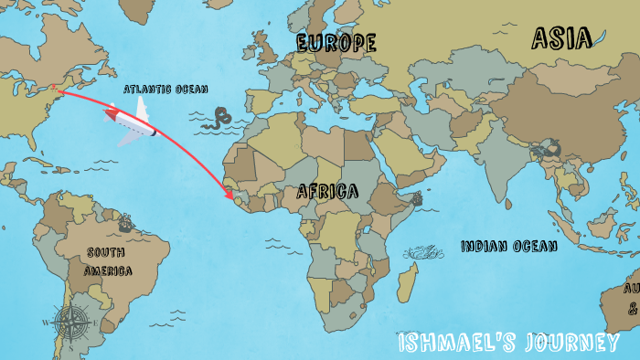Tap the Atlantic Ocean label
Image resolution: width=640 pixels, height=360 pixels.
[165, 89]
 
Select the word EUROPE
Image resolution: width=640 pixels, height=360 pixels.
[336, 42]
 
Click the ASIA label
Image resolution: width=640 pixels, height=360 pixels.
[561, 37]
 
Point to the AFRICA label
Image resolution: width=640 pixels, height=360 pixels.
[325, 191]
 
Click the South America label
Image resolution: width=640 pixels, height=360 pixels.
[108, 261]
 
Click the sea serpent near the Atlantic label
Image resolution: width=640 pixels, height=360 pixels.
[219, 117]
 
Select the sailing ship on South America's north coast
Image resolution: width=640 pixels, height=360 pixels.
[124, 221]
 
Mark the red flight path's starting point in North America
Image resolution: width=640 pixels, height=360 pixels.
[54, 89]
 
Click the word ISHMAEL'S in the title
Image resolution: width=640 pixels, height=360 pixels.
[453, 344]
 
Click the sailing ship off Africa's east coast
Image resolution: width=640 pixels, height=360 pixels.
[417, 198]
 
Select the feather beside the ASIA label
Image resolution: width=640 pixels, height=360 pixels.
[600, 38]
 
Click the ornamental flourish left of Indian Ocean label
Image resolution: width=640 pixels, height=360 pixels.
[421, 251]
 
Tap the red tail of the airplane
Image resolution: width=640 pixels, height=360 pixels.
[112, 115]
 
